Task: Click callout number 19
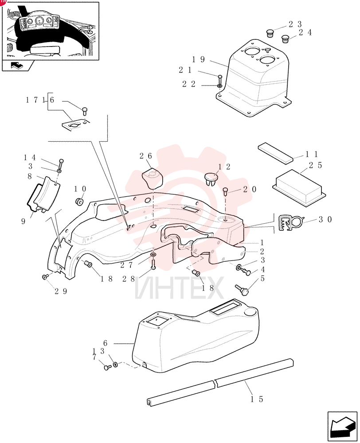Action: tap(198, 59)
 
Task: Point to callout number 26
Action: tap(146, 155)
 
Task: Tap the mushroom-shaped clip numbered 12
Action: tap(211, 179)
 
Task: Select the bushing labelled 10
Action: tap(79, 202)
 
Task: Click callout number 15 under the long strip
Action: tap(257, 399)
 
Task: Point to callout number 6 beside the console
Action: tap(105, 343)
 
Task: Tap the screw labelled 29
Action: tap(45, 277)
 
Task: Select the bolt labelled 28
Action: tap(153, 264)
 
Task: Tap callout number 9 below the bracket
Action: tap(23, 221)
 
